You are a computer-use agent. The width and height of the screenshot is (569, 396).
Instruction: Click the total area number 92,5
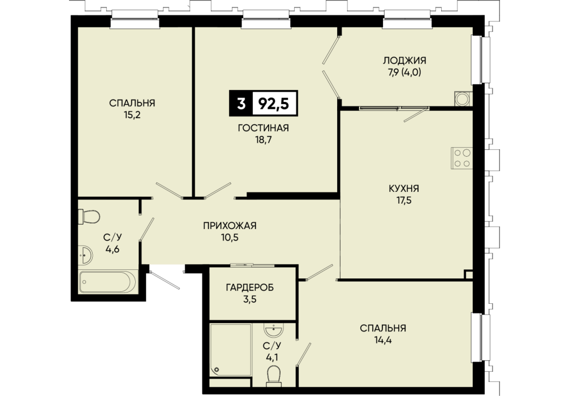tap(273, 104)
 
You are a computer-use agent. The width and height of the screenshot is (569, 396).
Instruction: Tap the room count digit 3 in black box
tap(241, 104)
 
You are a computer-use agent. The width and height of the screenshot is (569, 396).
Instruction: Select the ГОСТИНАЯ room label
tap(264, 128)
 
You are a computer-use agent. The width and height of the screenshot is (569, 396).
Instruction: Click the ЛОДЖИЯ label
tap(404, 61)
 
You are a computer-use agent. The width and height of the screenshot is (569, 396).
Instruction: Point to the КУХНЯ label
tap(404, 188)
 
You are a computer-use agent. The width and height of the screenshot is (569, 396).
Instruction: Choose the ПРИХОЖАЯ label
tap(230, 226)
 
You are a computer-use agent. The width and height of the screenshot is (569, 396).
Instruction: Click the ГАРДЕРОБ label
tap(250, 288)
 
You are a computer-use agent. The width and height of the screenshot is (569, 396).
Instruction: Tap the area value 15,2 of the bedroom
tap(132, 115)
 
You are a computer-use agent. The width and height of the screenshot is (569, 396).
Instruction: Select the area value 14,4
tap(383, 340)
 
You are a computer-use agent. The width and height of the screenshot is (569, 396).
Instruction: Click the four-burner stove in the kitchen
tap(462, 158)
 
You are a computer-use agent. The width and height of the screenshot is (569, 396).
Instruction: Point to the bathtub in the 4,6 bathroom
tap(108, 282)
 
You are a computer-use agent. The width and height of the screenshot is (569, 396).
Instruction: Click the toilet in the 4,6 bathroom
tap(89, 217)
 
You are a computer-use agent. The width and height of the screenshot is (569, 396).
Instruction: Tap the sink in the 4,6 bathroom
tap(85, 255)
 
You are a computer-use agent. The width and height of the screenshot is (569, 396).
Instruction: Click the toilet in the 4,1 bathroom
tap(274, 376)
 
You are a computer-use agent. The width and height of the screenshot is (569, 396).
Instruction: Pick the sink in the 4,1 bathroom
tap(274, 330)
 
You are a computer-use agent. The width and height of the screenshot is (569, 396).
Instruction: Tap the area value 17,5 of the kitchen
tap(404, 200)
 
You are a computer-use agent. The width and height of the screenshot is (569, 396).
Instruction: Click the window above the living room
tap(266, 19)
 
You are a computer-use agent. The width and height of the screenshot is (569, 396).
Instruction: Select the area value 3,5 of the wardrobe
tap(250, 300)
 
